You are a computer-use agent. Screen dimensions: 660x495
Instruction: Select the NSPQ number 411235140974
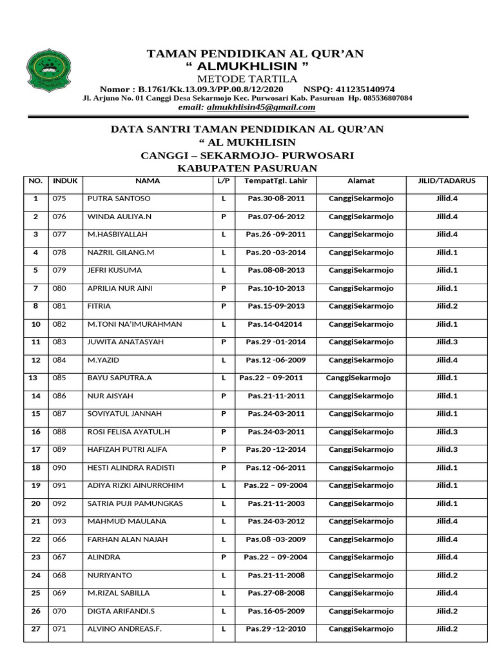point(367,89)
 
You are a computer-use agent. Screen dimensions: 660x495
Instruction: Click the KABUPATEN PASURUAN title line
point(247,168)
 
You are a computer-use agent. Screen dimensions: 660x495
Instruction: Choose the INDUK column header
point(65,181)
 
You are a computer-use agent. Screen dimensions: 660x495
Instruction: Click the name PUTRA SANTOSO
point(119,199)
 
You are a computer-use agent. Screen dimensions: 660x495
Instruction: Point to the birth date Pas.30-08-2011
point(276,199)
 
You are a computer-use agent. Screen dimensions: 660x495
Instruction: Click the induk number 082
point(59,324)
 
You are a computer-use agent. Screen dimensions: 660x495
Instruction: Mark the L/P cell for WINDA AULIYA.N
point(224,217)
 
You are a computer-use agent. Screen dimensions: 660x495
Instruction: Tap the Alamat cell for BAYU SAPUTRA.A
point(358,378)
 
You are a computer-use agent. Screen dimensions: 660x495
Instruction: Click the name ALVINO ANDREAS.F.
point(122,628)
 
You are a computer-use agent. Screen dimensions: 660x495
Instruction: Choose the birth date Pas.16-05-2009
point(276,610)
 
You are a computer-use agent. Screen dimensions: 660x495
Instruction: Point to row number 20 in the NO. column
point(36,503)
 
